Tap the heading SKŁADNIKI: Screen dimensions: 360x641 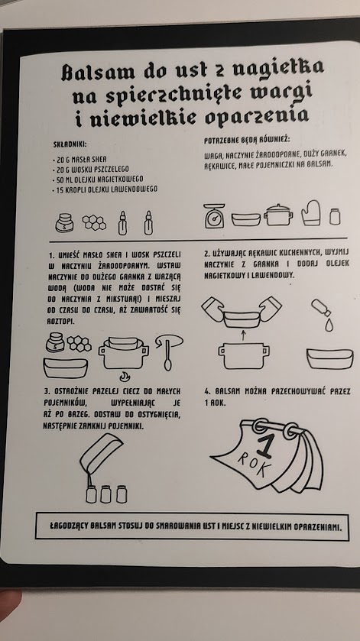click(70, 144)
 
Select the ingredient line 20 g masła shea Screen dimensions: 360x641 click(79, 159)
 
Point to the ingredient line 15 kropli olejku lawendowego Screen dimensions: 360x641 click(105, 189)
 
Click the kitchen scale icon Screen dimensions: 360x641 click(214, 215)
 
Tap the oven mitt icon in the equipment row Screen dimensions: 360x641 click(311, 213)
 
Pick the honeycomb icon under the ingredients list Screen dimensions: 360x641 click(94, 222)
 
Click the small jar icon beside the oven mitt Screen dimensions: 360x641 click(335, 216)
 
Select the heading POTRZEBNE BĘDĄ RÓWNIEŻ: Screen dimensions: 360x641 click(247, 141)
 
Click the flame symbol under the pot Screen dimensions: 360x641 click(125, 376)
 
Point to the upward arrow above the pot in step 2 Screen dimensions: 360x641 click(243, 335)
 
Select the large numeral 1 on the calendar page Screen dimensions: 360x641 click(264, 446)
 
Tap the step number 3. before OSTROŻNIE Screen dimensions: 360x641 click(46, 392)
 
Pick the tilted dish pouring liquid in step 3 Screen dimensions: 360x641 click(101, 453)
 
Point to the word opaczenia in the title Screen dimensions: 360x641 click(256, 117)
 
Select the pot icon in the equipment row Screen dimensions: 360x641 click(278, 215)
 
